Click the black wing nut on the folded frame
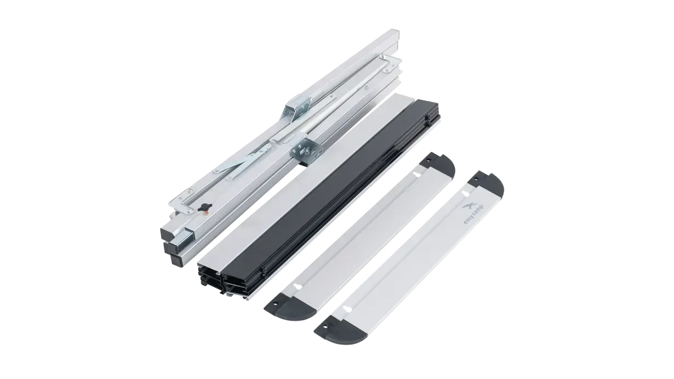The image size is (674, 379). coord(205,207)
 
